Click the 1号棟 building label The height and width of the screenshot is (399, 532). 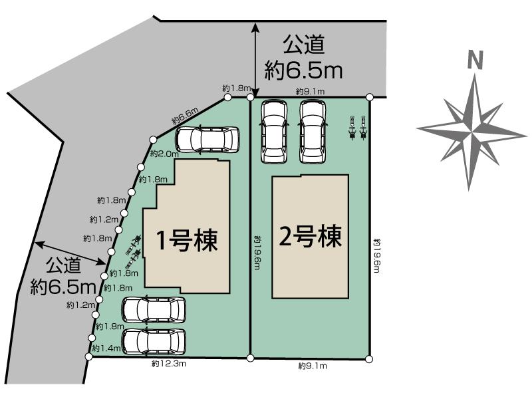187,240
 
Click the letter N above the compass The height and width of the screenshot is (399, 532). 475,61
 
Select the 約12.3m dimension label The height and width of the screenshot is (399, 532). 168,364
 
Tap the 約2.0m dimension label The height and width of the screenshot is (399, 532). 164,154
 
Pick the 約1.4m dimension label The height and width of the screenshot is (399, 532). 106,348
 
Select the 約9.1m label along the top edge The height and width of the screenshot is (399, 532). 310,91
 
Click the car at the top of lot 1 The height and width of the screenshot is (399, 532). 207,140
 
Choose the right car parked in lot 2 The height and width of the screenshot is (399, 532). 313,132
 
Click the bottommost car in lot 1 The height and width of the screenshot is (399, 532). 154,341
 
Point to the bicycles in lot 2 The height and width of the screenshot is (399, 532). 358,127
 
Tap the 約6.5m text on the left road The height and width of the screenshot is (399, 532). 64,287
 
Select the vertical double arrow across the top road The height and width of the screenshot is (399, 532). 255,61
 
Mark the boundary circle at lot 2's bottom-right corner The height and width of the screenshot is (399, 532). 369,359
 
